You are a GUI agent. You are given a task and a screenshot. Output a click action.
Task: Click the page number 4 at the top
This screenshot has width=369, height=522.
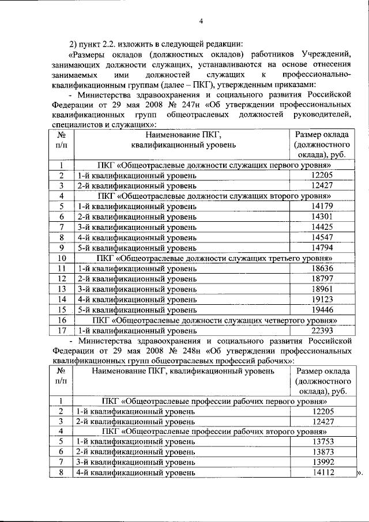tap(201, 21)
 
